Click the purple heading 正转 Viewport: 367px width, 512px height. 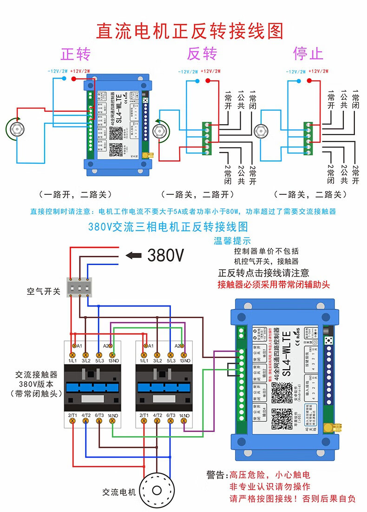[x=76, y=54]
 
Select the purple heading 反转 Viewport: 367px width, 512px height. [x=202, y=54]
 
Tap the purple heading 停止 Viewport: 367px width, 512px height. [x=308, y=54]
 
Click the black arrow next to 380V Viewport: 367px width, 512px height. [x=134, y=255]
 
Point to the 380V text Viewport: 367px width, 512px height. [x=166, y=255]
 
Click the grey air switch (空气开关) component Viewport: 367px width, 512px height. [x=79, y=288]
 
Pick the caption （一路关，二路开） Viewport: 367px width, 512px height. [x=197, y=194]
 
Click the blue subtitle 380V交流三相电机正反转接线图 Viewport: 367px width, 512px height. [x=168, y=227]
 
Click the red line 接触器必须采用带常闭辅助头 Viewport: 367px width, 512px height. [x=274, y=285]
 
